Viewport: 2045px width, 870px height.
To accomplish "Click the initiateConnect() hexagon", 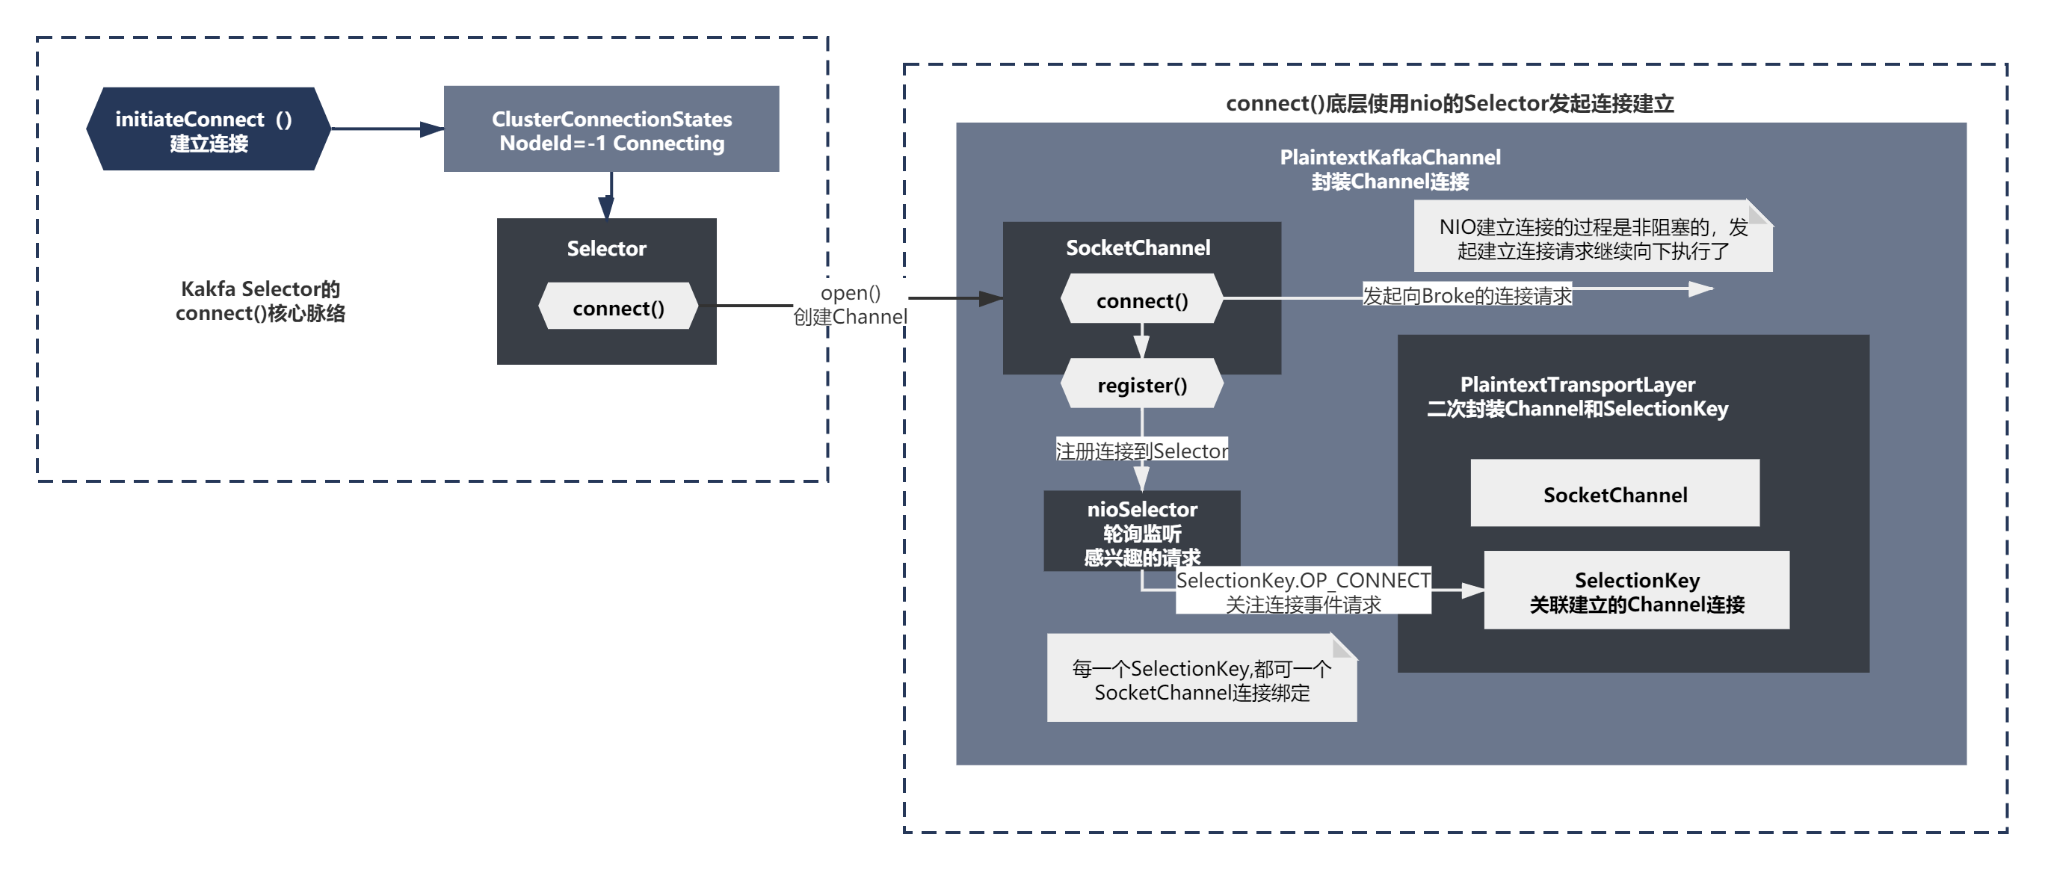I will point(208,129).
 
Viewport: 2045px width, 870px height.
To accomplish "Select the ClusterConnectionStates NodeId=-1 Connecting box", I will point(611,129).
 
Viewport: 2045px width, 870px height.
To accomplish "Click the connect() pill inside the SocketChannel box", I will point(1141,299).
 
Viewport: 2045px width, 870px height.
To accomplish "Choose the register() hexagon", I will point(1141,384).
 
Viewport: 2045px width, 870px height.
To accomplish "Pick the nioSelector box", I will point(1141,529).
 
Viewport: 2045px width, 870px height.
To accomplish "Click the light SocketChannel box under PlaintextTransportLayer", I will point(1614,493).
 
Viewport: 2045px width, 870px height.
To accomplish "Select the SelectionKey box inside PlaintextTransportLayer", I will point(1636,590).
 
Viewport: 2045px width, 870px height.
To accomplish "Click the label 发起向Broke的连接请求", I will point(1466,295).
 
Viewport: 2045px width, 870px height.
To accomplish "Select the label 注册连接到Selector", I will point(1141,450).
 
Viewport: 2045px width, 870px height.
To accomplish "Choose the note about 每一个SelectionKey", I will point(1200,679).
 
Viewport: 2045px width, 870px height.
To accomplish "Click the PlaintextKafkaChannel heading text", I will point(1389,169).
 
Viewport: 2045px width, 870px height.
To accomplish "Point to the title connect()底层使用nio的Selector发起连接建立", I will point(1449,104).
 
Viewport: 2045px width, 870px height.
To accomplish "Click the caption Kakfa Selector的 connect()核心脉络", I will point(260,301).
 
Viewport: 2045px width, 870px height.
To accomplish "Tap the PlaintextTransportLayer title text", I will point(1576,396).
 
